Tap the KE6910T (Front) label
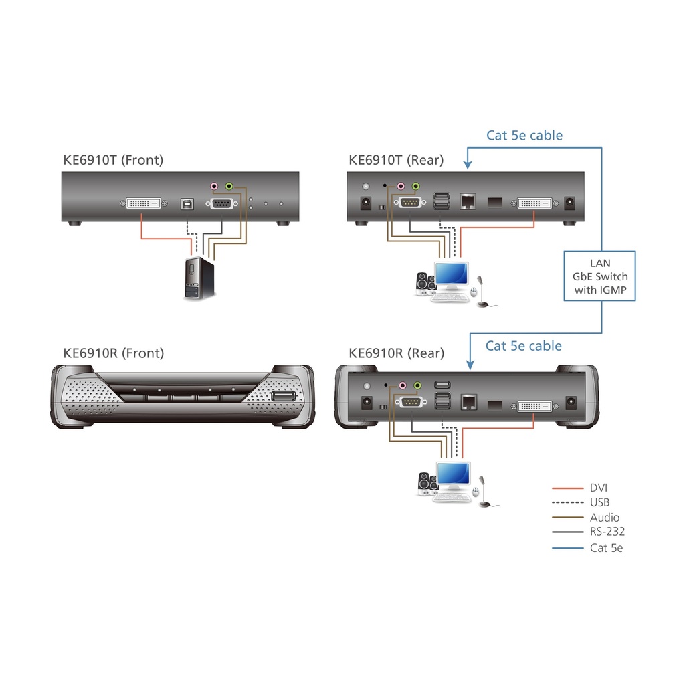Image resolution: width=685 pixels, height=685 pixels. pos(112,160)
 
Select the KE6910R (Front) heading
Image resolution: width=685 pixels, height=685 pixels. pos(113,353)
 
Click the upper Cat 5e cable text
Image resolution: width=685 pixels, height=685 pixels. pos(524,136)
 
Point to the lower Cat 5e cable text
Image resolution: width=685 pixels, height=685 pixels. pos(524,346)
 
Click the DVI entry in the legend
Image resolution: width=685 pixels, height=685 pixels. pos(599,488)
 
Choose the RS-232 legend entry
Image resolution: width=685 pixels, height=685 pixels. pos(607,532)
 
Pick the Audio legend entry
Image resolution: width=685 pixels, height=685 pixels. pos(605,517)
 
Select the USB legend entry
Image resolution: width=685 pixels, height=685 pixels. pos(600,502)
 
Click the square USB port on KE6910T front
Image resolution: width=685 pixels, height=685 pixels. pos(187,203)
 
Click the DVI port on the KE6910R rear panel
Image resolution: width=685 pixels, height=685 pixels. pos(534,405)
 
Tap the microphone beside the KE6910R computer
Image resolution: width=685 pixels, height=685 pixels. pos(486,494)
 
